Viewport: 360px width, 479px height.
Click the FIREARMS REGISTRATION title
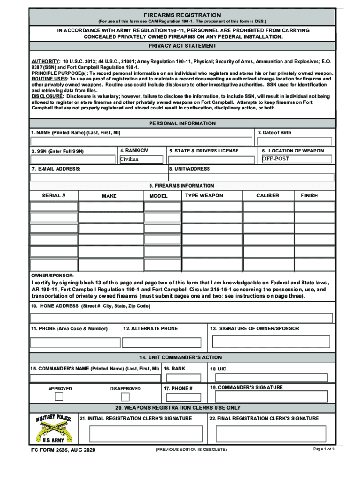point(182,15)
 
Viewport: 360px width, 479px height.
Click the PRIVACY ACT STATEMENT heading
point(182,46)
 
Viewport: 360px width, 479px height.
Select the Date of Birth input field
point(295,141)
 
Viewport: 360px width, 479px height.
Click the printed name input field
point(141,141)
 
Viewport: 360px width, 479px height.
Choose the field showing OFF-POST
point(296,159)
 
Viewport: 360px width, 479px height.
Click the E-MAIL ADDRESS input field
point(98,177)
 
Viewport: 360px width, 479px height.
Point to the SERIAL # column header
point(53,196)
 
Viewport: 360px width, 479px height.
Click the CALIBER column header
point(267,196)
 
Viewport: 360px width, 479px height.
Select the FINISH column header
point(310,196)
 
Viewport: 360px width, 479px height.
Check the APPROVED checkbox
point(59,397)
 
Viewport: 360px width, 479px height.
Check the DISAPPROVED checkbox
point(125,397)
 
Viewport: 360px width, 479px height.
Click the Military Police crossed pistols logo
point(54,428)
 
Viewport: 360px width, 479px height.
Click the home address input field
point(182,318)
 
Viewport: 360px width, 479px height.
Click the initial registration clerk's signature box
point(142,434)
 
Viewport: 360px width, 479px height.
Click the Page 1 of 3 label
point(324,449)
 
